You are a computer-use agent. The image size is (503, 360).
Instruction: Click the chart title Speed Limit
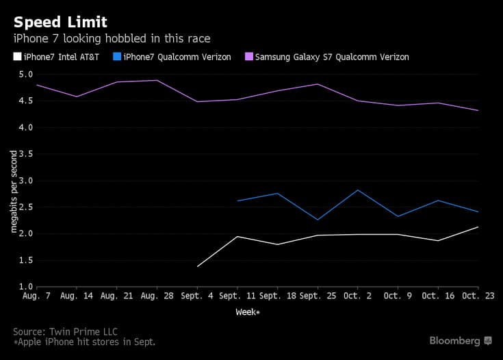(x=60, y=23)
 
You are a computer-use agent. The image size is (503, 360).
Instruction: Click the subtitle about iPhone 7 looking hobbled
(x=112, y=38)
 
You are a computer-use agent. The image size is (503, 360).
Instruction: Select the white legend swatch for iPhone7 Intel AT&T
(x=17, y=57)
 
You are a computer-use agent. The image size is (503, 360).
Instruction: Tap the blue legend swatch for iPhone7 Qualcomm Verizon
(x=117, y=57)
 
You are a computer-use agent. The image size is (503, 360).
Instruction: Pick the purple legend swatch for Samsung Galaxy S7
(x=249, y=57)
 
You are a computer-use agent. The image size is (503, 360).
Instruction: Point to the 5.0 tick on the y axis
(x=26, y=75)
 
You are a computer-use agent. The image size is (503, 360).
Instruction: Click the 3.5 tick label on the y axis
(x=26, y=154)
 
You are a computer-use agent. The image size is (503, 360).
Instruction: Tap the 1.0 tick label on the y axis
(x=26, y=287)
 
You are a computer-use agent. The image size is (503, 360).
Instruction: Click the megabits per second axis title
(x=14, y=191)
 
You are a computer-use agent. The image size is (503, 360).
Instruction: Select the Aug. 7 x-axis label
(x=36, y=296)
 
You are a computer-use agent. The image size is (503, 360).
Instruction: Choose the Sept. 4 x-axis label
(x=197, y=296)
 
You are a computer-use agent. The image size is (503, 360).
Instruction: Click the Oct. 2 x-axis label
(x=358, y=296)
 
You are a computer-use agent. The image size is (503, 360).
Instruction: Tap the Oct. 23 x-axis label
(x=478, y=296)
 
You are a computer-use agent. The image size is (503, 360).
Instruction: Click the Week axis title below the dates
(x=248, y=312)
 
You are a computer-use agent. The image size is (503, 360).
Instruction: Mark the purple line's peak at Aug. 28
(x=157, y=81)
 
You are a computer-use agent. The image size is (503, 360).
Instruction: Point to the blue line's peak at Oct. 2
(x=358, y=190)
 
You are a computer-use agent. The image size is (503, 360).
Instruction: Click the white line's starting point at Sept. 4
(x=197, y=266)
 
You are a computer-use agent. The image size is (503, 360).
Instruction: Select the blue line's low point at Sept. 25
(x=318, y=220)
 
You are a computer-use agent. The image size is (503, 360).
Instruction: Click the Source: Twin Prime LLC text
(x=65, y=332)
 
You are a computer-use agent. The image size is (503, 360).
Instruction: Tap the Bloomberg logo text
(x=454, y=341)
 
